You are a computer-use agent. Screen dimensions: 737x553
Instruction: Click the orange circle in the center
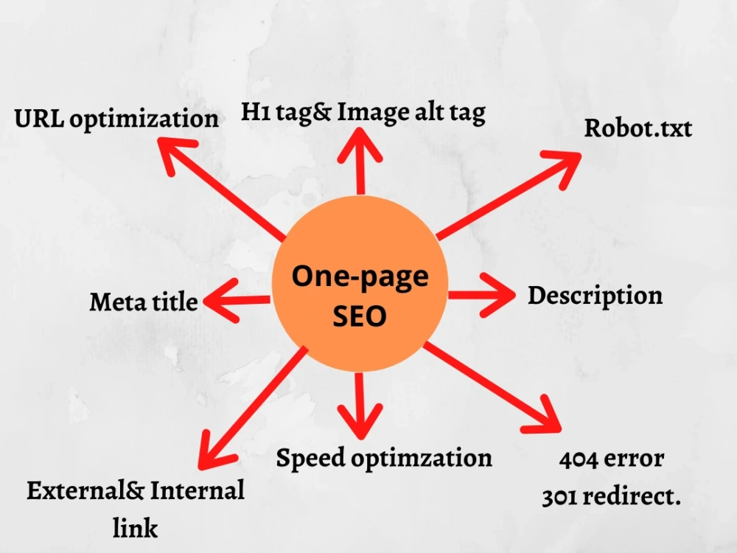360,284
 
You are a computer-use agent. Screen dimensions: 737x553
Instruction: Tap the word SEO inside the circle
360,316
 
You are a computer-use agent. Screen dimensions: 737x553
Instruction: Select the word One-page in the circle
360,276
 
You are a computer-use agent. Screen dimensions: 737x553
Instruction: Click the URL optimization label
116,119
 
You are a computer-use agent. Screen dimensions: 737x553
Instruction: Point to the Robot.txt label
638,128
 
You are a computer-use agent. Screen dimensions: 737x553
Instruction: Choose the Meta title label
144,302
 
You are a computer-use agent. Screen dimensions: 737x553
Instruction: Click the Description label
595,296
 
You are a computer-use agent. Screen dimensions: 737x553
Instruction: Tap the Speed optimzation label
384,458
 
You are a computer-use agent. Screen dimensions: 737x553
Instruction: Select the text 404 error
612,459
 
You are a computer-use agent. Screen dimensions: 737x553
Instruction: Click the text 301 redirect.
612,496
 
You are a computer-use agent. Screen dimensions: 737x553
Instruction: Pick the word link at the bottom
135,528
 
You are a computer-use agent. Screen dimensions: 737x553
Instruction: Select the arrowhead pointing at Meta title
220,300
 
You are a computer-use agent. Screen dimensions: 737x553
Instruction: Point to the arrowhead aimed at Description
498,295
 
